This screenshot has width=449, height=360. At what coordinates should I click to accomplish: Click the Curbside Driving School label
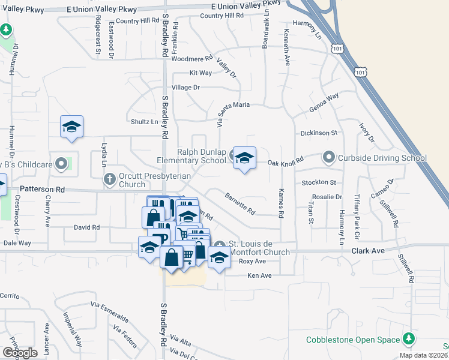point(381,158)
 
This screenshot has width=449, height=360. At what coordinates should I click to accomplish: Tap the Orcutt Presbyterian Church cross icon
point(109,178)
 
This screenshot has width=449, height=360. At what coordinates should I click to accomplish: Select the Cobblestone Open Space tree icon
point(409,339)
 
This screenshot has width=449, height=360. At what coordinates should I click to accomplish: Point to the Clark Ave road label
point(367,251)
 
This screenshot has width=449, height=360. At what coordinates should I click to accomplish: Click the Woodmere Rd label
point(192,59)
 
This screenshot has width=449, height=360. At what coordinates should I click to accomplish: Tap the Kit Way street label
point(200,73)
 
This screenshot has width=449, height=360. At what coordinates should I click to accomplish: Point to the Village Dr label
point(185,87)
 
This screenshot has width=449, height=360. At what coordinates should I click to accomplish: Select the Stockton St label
point(319,182)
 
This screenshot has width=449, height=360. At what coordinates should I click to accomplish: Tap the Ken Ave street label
point(261,275)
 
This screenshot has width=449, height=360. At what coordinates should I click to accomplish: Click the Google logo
point(20,353)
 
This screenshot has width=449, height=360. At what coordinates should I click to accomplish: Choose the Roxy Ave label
point(252,262)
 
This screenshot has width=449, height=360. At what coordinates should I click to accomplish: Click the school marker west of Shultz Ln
point(71,127)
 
